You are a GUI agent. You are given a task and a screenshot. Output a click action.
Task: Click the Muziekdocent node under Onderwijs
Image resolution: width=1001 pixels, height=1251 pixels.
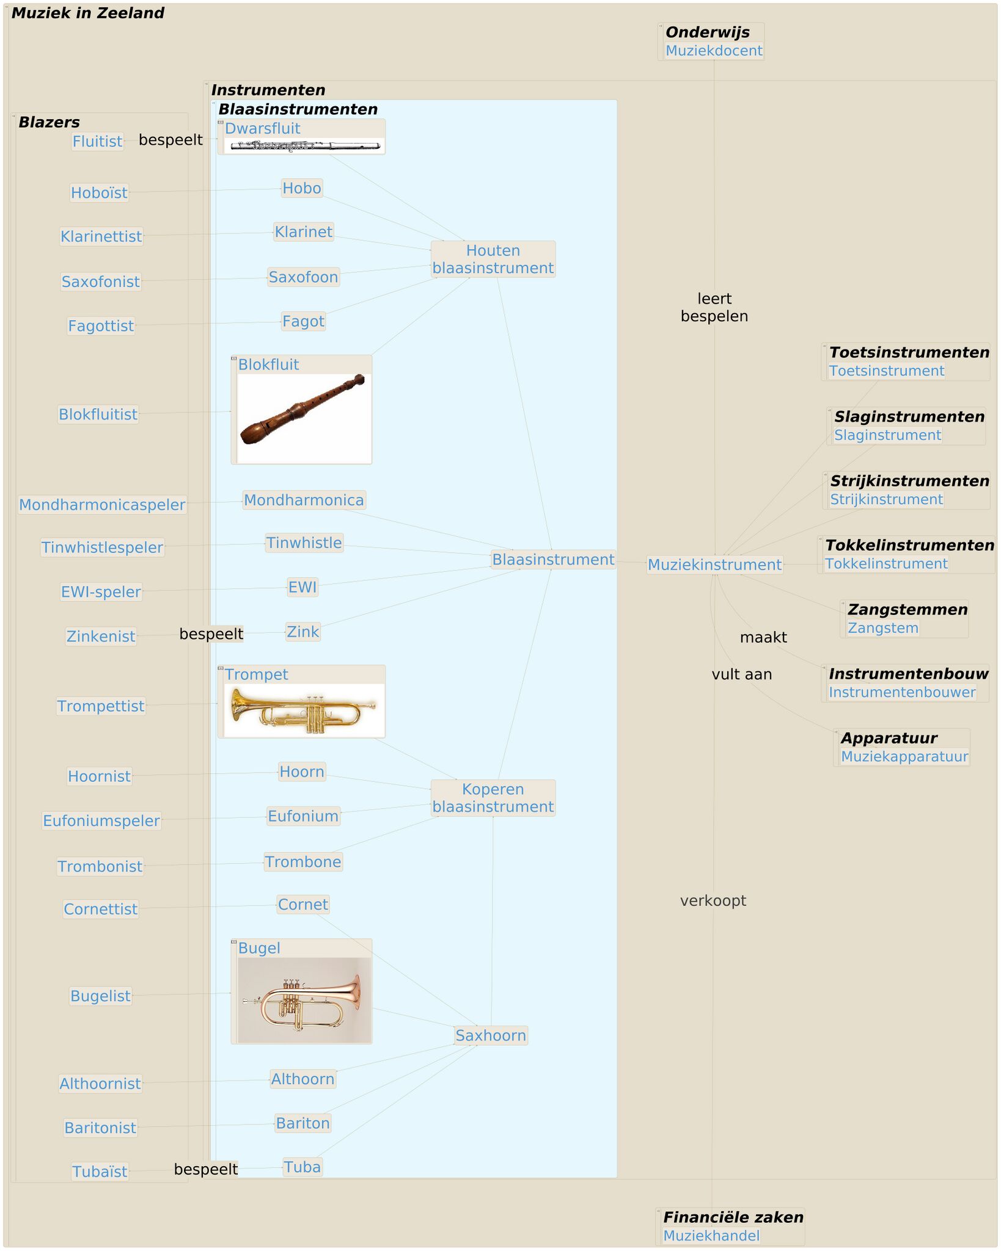(x=713, y=51)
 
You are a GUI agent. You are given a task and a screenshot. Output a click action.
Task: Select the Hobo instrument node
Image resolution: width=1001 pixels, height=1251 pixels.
(x=301, y=188)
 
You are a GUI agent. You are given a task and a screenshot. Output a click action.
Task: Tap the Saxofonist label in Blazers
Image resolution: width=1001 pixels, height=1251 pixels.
(x=101, y=282)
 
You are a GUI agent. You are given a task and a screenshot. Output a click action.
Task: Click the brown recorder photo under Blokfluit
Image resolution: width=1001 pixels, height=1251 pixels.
(x=303, y=409)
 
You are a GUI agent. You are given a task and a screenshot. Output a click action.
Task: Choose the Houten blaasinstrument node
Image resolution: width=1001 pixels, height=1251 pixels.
(x=493, y=259)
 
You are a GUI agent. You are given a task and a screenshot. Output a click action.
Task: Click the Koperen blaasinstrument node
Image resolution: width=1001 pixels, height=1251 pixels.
(x=493, y=798)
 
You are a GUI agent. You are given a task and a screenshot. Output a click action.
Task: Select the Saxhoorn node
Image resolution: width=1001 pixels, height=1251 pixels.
(x=491, y=1035)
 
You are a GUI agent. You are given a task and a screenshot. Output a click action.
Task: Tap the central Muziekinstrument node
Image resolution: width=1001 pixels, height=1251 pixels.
(x=714, y=564)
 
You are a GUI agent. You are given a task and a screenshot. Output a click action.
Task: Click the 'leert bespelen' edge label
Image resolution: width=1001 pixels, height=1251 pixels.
(x=714, y=307)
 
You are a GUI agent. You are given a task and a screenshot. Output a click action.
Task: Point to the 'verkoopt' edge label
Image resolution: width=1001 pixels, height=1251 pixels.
(x=713, y=900)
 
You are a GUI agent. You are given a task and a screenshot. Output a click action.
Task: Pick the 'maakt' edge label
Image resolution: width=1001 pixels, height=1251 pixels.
(x=763, y=637)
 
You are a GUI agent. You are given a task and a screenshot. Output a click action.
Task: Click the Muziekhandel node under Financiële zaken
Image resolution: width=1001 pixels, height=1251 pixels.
(x=711, y=1235)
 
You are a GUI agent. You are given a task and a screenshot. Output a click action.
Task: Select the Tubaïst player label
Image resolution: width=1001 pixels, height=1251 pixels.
(x=100, y=1172)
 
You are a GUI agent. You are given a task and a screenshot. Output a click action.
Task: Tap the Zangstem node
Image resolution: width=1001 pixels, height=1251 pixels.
(x=882, y=627)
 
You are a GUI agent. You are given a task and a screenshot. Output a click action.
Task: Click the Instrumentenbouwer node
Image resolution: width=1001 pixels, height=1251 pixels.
(x=901, y=692)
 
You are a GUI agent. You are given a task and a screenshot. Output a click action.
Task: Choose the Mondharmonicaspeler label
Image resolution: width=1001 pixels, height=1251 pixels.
(x=102, y=505)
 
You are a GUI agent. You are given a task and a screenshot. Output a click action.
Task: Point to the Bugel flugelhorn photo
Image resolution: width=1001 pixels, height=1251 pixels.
(x=304, y=1000)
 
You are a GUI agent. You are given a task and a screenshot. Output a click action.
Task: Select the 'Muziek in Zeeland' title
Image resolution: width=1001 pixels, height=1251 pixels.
(x=88, y=13)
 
